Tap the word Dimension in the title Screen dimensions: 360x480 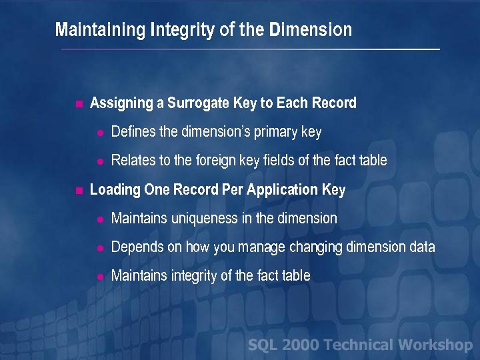(310, 30)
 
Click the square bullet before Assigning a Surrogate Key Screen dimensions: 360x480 (78, 104)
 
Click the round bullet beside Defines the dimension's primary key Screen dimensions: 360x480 (99, 133)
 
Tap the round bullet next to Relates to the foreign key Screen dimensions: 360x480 (99, 161)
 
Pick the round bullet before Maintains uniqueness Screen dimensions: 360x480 (99, 219)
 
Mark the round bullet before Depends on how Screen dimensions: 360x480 (99, 248)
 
